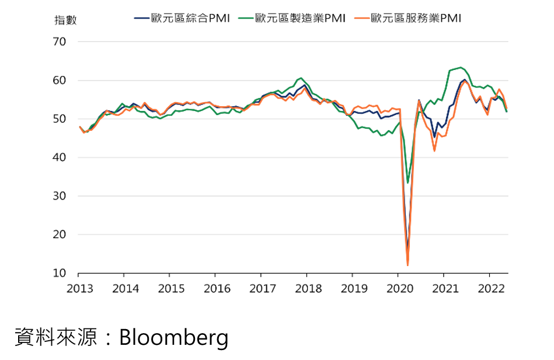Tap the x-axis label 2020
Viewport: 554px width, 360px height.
(398, 288)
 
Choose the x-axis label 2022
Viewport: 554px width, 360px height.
(489, 288)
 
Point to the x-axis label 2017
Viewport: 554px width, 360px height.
(262, 288)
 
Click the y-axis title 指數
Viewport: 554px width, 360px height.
(65, 20)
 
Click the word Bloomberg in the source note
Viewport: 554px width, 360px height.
(173, 338)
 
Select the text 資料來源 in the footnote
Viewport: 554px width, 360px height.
(55, 338)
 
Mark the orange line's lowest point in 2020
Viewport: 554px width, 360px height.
(407, 265)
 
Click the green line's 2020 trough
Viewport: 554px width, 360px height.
(407, 183)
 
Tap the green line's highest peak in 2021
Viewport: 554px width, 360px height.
(461, 67)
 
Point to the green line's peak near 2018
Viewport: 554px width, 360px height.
(301, 78)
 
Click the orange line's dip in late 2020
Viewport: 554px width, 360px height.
(434, 151)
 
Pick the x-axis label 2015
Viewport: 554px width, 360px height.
(170, 288)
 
